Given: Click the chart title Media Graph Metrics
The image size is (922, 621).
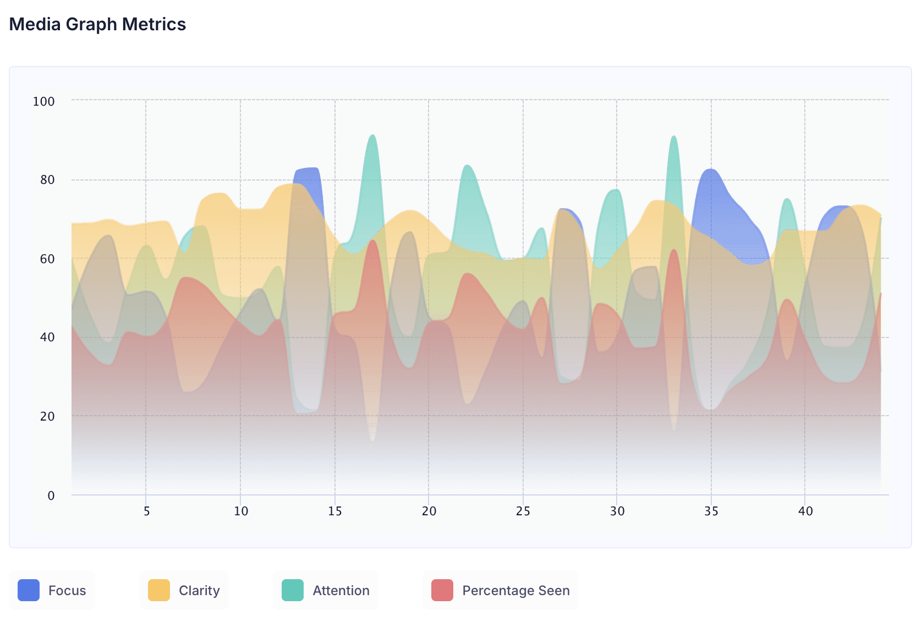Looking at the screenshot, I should point(97,24).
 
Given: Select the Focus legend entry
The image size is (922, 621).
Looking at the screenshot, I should point(52,590).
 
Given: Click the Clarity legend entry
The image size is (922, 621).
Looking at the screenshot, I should point(184,590).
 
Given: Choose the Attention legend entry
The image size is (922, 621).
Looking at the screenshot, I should point(326,590).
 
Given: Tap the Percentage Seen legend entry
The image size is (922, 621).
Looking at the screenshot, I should point(501,590).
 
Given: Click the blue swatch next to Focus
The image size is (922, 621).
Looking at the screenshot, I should point(29,590).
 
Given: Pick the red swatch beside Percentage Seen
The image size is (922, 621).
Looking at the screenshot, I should point(442,590).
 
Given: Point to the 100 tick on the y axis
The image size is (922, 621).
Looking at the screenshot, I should point(43,101).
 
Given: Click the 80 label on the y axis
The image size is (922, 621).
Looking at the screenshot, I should point(47,180).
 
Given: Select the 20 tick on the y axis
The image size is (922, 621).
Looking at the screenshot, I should point(47,416).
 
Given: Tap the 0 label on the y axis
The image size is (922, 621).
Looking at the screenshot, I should point(51,495).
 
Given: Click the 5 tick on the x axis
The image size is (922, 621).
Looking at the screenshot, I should point(146,511).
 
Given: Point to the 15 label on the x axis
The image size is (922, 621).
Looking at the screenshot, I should point(334,511).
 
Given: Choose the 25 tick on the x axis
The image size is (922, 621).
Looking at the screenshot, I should point(523,511).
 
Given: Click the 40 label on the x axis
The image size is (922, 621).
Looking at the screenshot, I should point(805,511).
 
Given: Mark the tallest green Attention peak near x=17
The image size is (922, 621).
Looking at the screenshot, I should point(372,137).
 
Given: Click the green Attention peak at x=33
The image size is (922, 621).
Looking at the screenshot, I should point(673,138).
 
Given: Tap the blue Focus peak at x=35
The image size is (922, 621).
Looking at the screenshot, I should point(711,171).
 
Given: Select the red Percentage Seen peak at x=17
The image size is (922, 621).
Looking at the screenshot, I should point(373,241).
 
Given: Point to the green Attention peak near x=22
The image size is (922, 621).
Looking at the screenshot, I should point(467,167).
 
